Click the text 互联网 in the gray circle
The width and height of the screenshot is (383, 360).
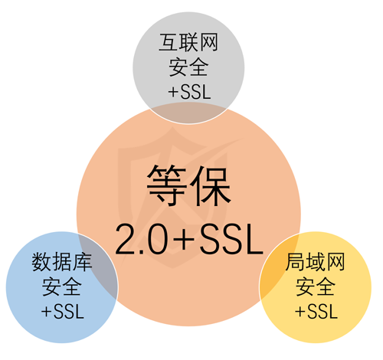pos(188,42)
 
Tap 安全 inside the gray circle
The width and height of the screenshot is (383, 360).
pos(188,67)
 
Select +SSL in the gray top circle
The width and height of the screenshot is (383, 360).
pos(189,92)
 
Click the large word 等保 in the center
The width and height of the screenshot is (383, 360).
pos(189,185)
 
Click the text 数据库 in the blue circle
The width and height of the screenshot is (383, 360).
pos(62,262)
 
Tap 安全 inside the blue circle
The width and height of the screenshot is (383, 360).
pos(62,286)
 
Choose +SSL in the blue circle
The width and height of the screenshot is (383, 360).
pos(63,312)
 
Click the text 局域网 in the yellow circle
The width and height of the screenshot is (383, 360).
pos(315,262)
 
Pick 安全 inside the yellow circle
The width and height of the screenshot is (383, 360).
pos(315,286)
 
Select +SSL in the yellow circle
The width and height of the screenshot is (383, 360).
pos(316,312)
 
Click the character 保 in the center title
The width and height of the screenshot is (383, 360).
pos(211,185)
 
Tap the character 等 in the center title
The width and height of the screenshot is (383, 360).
pos(167,185)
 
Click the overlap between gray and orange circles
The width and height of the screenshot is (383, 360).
pos(188,113)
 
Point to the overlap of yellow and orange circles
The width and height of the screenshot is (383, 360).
pos(278,266)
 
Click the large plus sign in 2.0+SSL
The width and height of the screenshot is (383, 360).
pos(184,240)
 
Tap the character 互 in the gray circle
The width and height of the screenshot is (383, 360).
pos(169,42)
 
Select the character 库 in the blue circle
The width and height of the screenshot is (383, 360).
pos(82,262)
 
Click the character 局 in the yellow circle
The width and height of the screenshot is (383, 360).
pos(295,262)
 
